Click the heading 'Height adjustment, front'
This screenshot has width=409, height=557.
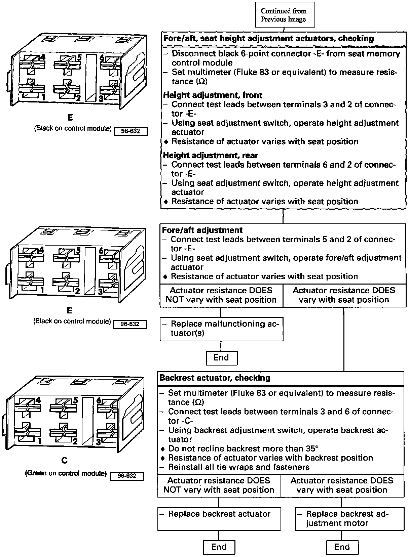tap(213, 95)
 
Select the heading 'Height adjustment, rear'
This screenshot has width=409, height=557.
tap(210, 155)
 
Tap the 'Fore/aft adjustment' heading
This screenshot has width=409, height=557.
tap(202, 230)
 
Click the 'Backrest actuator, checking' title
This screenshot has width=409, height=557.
tap(215, 378)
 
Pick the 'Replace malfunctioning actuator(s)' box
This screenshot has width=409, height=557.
tap(221, 329)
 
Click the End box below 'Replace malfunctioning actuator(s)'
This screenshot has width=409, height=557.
tap(221, 357)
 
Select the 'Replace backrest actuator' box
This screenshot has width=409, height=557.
tap(219, 518)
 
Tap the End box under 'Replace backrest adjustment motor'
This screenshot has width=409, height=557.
tap(342, 547)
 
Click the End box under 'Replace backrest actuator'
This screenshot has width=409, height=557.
tap(219, 547)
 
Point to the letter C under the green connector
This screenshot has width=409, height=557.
tap(65, 460)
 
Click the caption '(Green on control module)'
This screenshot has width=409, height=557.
tap(66, 473)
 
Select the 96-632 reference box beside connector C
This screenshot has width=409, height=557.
tap(127, 476)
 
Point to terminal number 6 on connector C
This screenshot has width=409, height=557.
tap(99, 400)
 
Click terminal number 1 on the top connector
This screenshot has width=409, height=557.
tap(43, 97)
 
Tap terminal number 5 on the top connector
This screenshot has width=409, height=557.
tap(79, 57)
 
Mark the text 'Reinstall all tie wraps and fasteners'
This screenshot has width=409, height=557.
tap(238, 467)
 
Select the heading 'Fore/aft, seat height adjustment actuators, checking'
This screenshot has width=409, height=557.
tap(268, 39)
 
